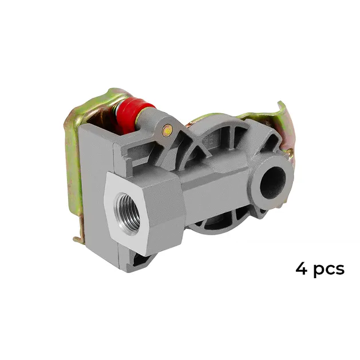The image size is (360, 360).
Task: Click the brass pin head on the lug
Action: tap(167, 131)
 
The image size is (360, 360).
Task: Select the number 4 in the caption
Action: tap(302, 268)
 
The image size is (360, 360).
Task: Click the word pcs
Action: tap(329, 270)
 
